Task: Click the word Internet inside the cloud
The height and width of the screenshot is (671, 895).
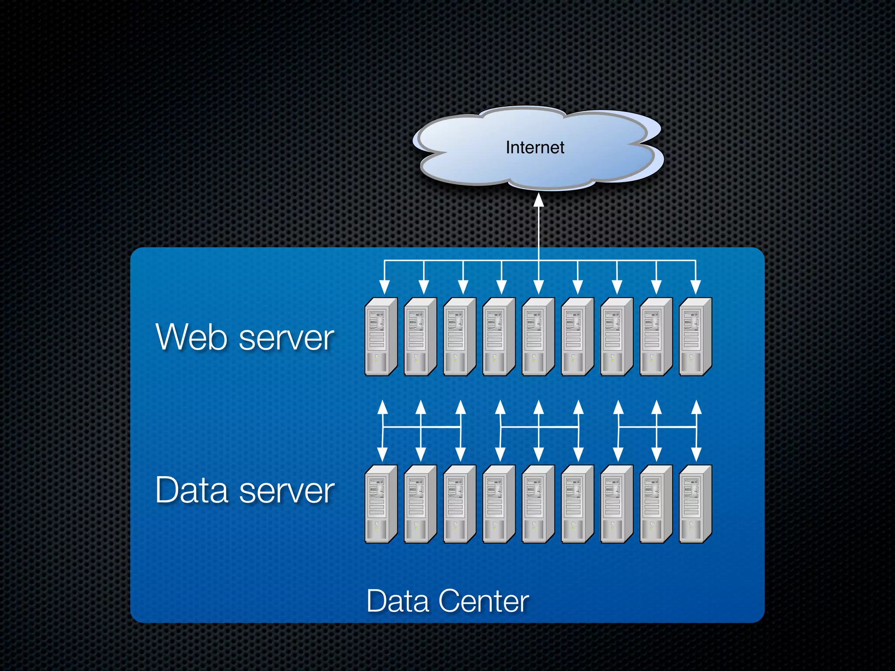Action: click(534, 148)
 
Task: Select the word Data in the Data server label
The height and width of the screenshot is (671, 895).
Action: click(192, 490)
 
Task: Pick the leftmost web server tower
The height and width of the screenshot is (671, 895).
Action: click(381, 336)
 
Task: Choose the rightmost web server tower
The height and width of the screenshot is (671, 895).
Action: click(695, 336)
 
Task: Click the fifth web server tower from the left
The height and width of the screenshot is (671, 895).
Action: click(538, 336)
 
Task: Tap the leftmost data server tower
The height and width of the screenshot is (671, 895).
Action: click(381, 504)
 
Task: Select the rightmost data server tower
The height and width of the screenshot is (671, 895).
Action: click(695, 504)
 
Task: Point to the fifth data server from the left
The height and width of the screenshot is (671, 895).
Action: click(538, 504)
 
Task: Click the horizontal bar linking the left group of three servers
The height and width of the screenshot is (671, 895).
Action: click(421, 427)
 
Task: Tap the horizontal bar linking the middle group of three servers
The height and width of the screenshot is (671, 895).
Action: click(539, 427)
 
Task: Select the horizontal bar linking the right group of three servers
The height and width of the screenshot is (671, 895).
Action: click(657, 427)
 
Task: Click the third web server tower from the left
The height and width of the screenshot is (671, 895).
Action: click(459, 336)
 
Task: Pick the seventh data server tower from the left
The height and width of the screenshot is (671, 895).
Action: click(617, 504)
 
